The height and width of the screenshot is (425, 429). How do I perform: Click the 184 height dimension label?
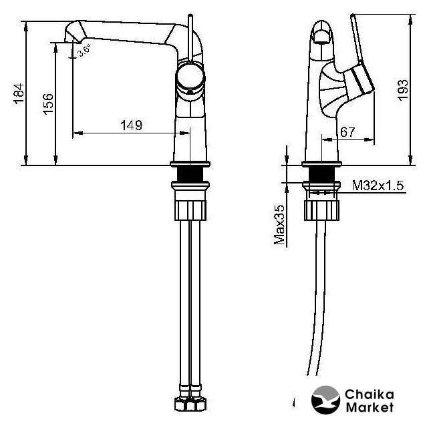19,93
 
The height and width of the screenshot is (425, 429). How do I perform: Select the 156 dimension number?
48,104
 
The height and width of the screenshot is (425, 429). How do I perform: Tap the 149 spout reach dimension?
132,125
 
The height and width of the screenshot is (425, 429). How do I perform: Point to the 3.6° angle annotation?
84,51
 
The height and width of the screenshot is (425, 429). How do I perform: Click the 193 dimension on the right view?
403,91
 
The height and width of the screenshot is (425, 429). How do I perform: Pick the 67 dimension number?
347,132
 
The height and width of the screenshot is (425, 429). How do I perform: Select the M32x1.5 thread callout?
378,185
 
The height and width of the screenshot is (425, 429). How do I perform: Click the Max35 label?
279,225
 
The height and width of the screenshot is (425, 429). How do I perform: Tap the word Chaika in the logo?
370,395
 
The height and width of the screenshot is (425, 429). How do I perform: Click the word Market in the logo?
370,408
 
